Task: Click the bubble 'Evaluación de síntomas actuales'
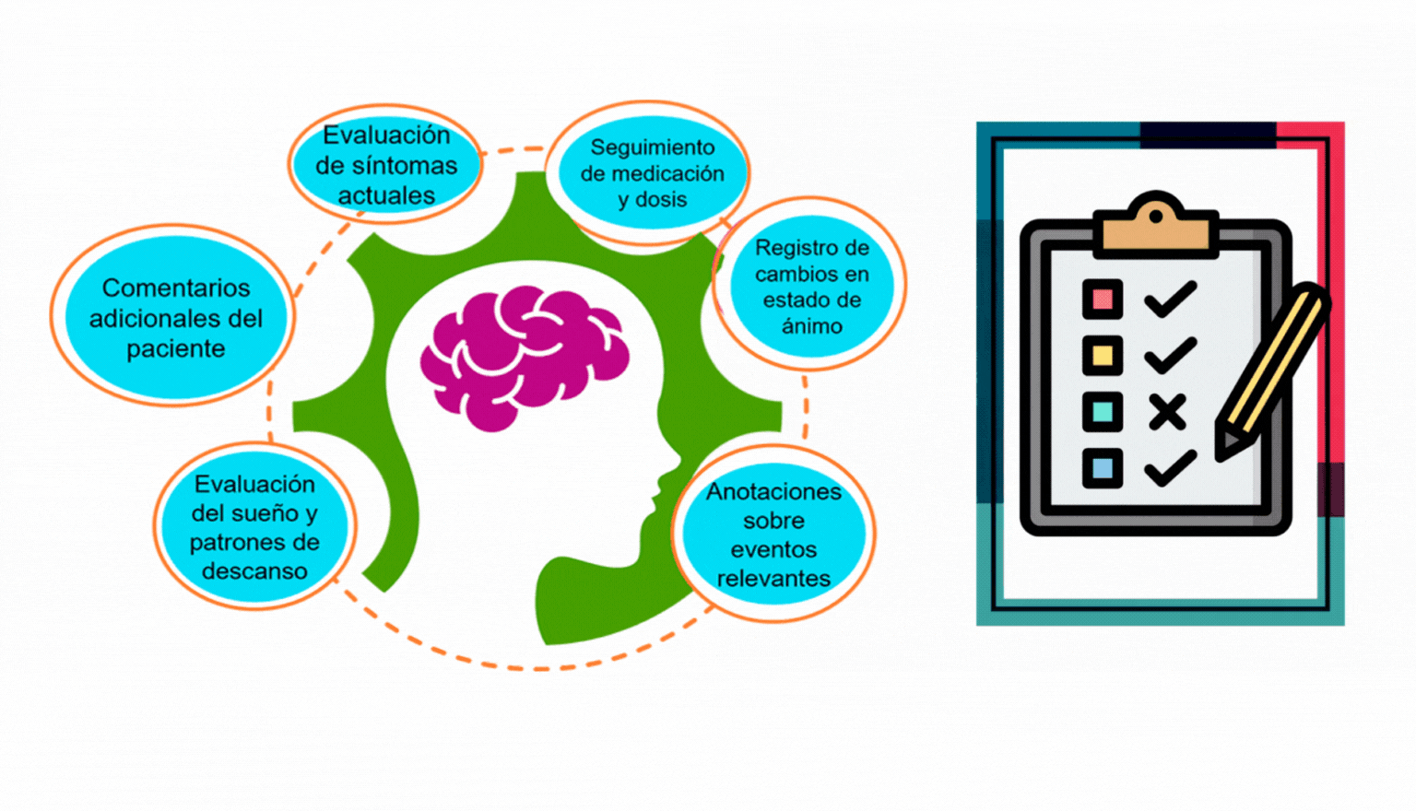tap(386, 165)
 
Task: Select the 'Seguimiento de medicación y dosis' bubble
tap(652, 173)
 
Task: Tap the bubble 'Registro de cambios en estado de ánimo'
tap(811, 286)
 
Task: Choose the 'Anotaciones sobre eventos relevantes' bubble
tap(773, 535)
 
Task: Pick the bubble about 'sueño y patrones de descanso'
tap(254, 527)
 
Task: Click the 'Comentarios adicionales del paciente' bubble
tap(175, 317)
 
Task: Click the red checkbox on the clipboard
tap(1103, 300)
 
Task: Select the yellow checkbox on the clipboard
tap(1103, 356)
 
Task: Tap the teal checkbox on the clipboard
tap(1103, 411)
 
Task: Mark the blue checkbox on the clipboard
tap(1103, 467)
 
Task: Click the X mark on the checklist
tap(1168, 412)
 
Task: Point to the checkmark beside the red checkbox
tap(1170, 300)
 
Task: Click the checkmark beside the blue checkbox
tap(1170, 468)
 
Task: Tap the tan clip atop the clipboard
tap(1155, 226)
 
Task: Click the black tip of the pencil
tap(1227, 445)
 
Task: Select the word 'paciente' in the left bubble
tap(175, 348)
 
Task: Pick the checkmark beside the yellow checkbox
tap(1170, 356)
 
